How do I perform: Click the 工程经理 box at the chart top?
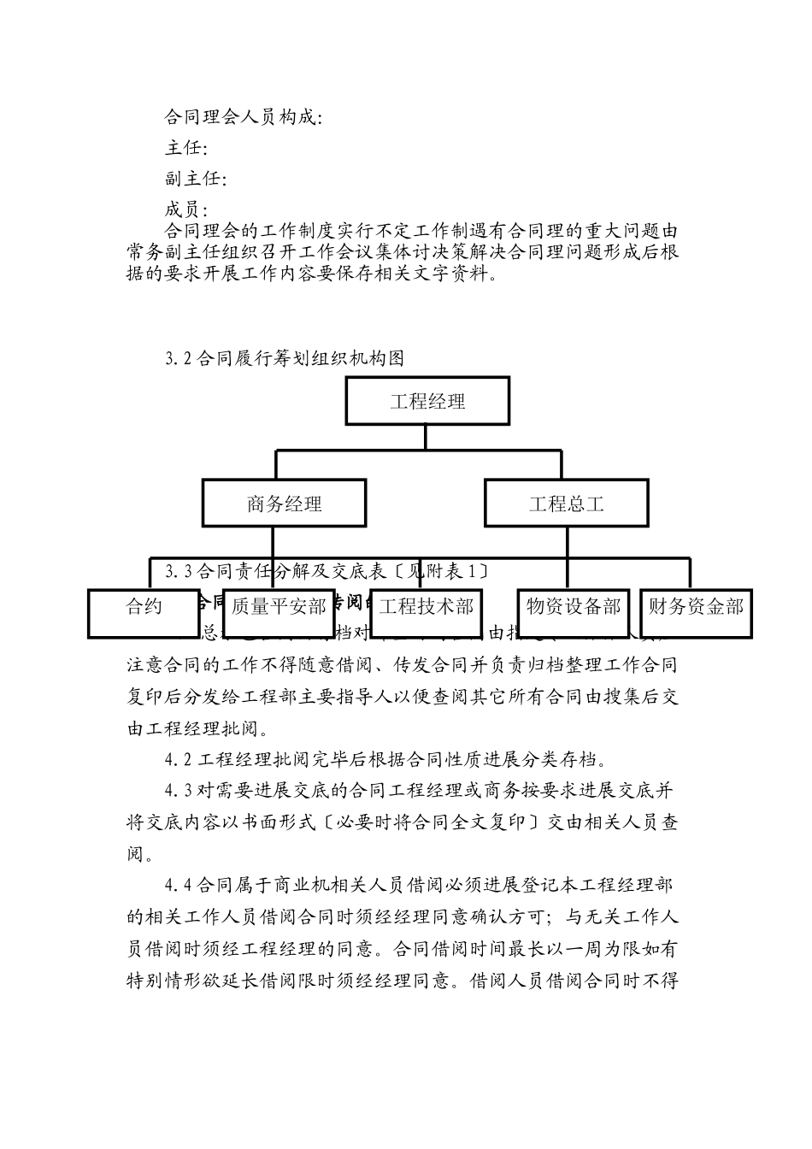428,401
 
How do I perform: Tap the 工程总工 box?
566,504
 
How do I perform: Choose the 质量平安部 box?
278,608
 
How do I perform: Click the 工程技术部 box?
426,608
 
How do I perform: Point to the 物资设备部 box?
574,608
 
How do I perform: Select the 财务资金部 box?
696,608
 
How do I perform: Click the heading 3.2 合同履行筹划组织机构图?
285,359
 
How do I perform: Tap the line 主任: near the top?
186,149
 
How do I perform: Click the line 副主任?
196,180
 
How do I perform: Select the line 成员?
186,209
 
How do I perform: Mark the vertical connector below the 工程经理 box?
426,437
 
